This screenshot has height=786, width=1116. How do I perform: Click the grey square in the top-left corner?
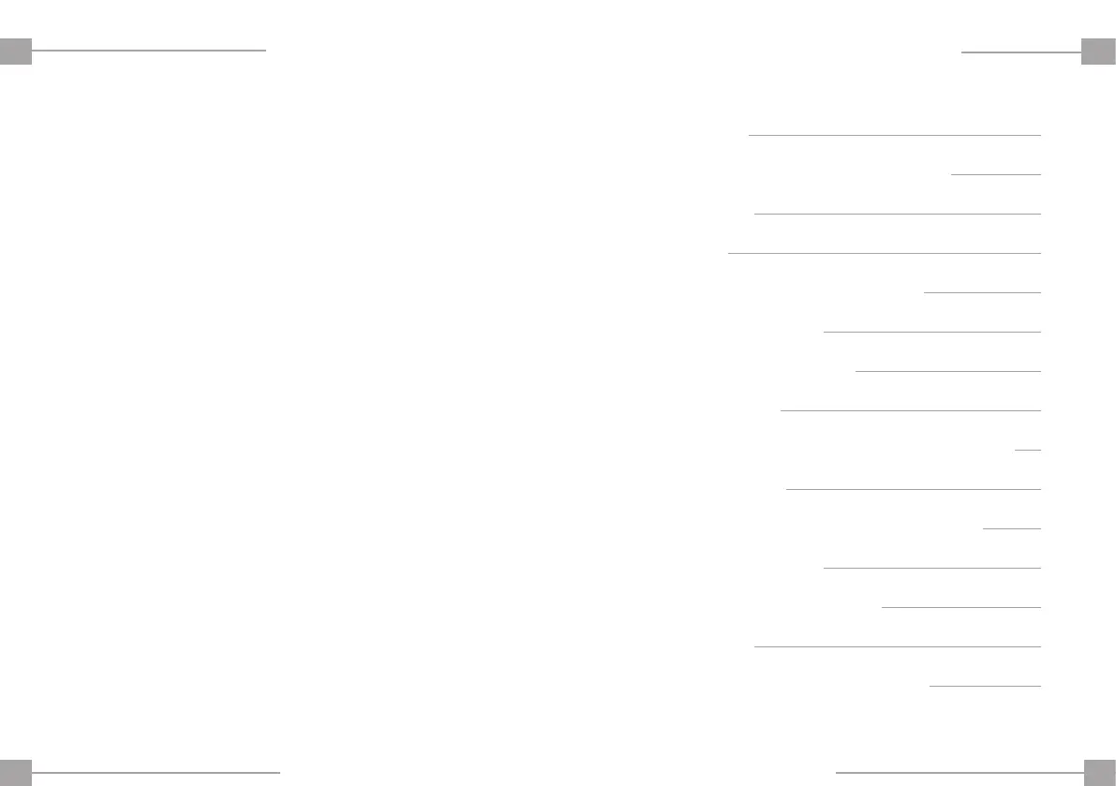coord(16,51)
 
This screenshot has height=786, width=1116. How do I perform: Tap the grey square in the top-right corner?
coord(1098,51)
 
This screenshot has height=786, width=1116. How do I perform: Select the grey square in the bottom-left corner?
coord(16,772)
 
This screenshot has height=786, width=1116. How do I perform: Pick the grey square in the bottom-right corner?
coord(1099,772)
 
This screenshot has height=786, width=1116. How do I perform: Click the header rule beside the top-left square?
coord(149,51)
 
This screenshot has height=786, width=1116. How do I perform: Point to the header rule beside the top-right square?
coord(1020,52)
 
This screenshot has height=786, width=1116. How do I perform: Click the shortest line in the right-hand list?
coord(1028,450)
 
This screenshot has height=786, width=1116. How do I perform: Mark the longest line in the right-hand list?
coord(884,253)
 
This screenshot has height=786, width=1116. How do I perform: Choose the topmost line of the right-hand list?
coord(894,135)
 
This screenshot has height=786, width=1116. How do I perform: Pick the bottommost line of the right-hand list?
coord(985,686)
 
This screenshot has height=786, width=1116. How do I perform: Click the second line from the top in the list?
coord(995,174)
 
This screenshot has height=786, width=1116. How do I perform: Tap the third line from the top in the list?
coord(897,214)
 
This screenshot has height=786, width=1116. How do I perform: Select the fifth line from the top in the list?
coord(982,292)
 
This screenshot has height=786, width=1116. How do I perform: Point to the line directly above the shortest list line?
coord(910,410)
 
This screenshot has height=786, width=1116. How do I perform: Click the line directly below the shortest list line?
coord(913,489)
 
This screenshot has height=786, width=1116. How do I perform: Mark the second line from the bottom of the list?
coord(897,646)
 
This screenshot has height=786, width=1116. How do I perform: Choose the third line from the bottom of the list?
coord(960,607)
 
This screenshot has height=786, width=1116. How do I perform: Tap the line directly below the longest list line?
coord(982,292)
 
